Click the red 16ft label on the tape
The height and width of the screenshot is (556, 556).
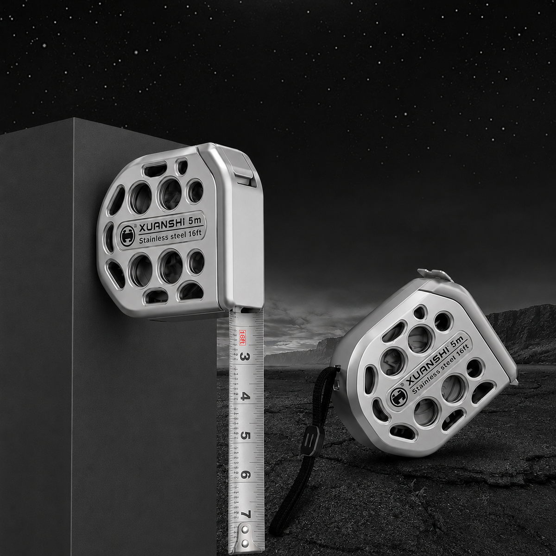pyautogui.click(x=242, y=338)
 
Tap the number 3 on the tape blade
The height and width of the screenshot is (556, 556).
pyautogui.click(x=244, y=357)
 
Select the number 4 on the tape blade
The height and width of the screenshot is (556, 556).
pyautogui.click(x=244, y=398)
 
